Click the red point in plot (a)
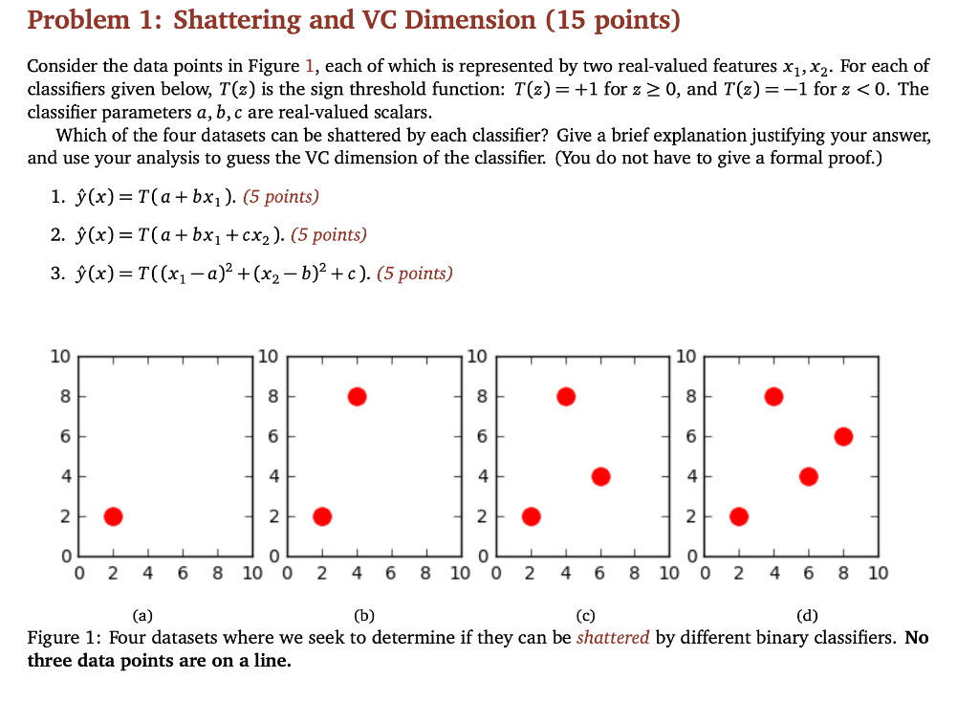[113, 516]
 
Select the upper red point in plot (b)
[357, 396]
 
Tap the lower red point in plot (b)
[322, 516]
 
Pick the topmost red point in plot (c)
[565, 396]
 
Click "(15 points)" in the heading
[613, 20]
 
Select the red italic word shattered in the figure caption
[613, 638]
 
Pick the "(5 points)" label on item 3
[414, 274]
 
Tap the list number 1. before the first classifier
[57, 198]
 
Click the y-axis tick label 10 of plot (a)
[59, 357]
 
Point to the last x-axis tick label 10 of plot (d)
[878, 574]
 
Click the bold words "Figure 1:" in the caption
[64, 638]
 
